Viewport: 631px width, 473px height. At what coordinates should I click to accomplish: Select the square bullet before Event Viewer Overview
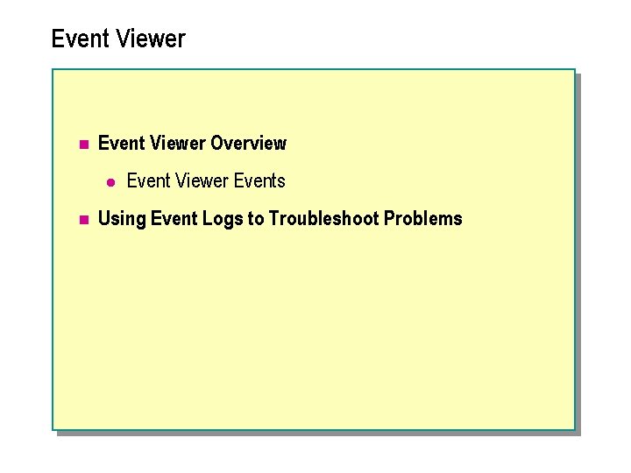click(82, 144)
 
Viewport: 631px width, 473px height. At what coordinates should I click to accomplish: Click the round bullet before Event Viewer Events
click(110, 181)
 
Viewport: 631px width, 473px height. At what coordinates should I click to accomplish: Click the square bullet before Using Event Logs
click(82, 220)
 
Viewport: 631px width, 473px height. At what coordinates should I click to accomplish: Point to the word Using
click(122, 219)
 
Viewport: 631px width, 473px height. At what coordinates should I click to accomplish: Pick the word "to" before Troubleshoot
click(256, 219)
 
